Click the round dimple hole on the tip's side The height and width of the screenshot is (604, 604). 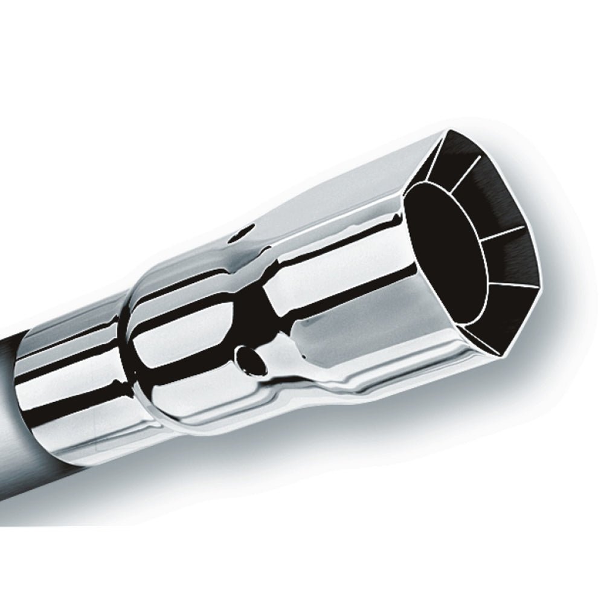point(249,358)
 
